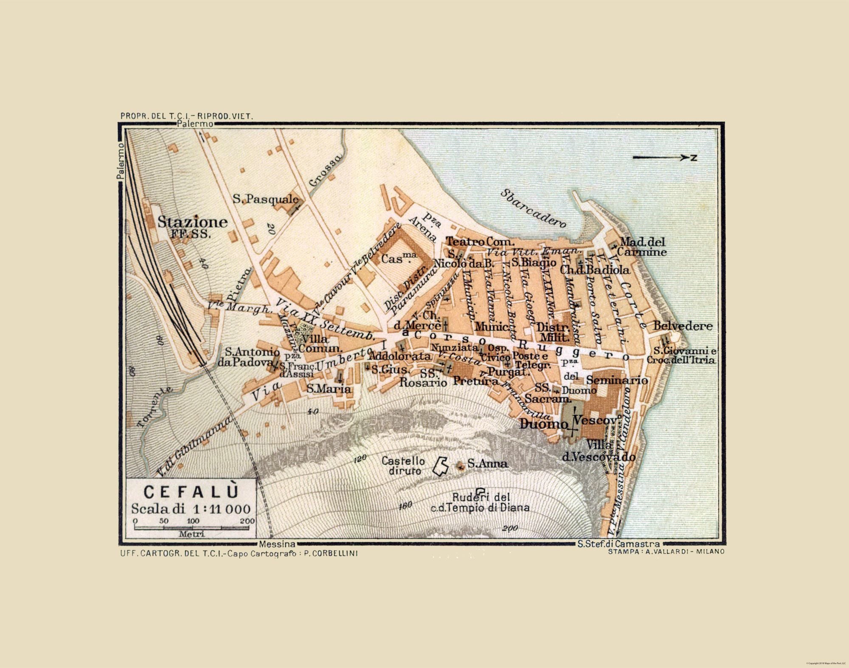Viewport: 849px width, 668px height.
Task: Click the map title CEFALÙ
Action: (x=191, y=491)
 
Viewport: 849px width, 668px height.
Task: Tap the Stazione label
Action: (x=193, y=222)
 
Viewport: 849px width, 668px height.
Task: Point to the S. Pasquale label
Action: (x=265, y=198)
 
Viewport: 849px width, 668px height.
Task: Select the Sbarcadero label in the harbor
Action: (x=533, y=208)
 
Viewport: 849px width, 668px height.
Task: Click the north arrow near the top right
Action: (x=664, y=158)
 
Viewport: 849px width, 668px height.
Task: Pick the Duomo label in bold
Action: (x=543, y=424)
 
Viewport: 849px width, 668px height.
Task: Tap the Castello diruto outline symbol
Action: (x=440, y=465)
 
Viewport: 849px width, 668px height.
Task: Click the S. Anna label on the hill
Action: (x=487, y=463)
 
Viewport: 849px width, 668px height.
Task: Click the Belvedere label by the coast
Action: (x=683, y=326)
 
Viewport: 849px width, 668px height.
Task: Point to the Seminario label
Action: (x=617, y=380)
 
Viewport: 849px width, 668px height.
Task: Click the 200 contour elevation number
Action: (x=510, y=529)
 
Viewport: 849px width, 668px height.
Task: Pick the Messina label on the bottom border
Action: (x=277, y=544)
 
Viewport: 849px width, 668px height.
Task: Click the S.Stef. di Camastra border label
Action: (x=618, y=544)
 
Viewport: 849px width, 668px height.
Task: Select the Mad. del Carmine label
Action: (x=643, y=247)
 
